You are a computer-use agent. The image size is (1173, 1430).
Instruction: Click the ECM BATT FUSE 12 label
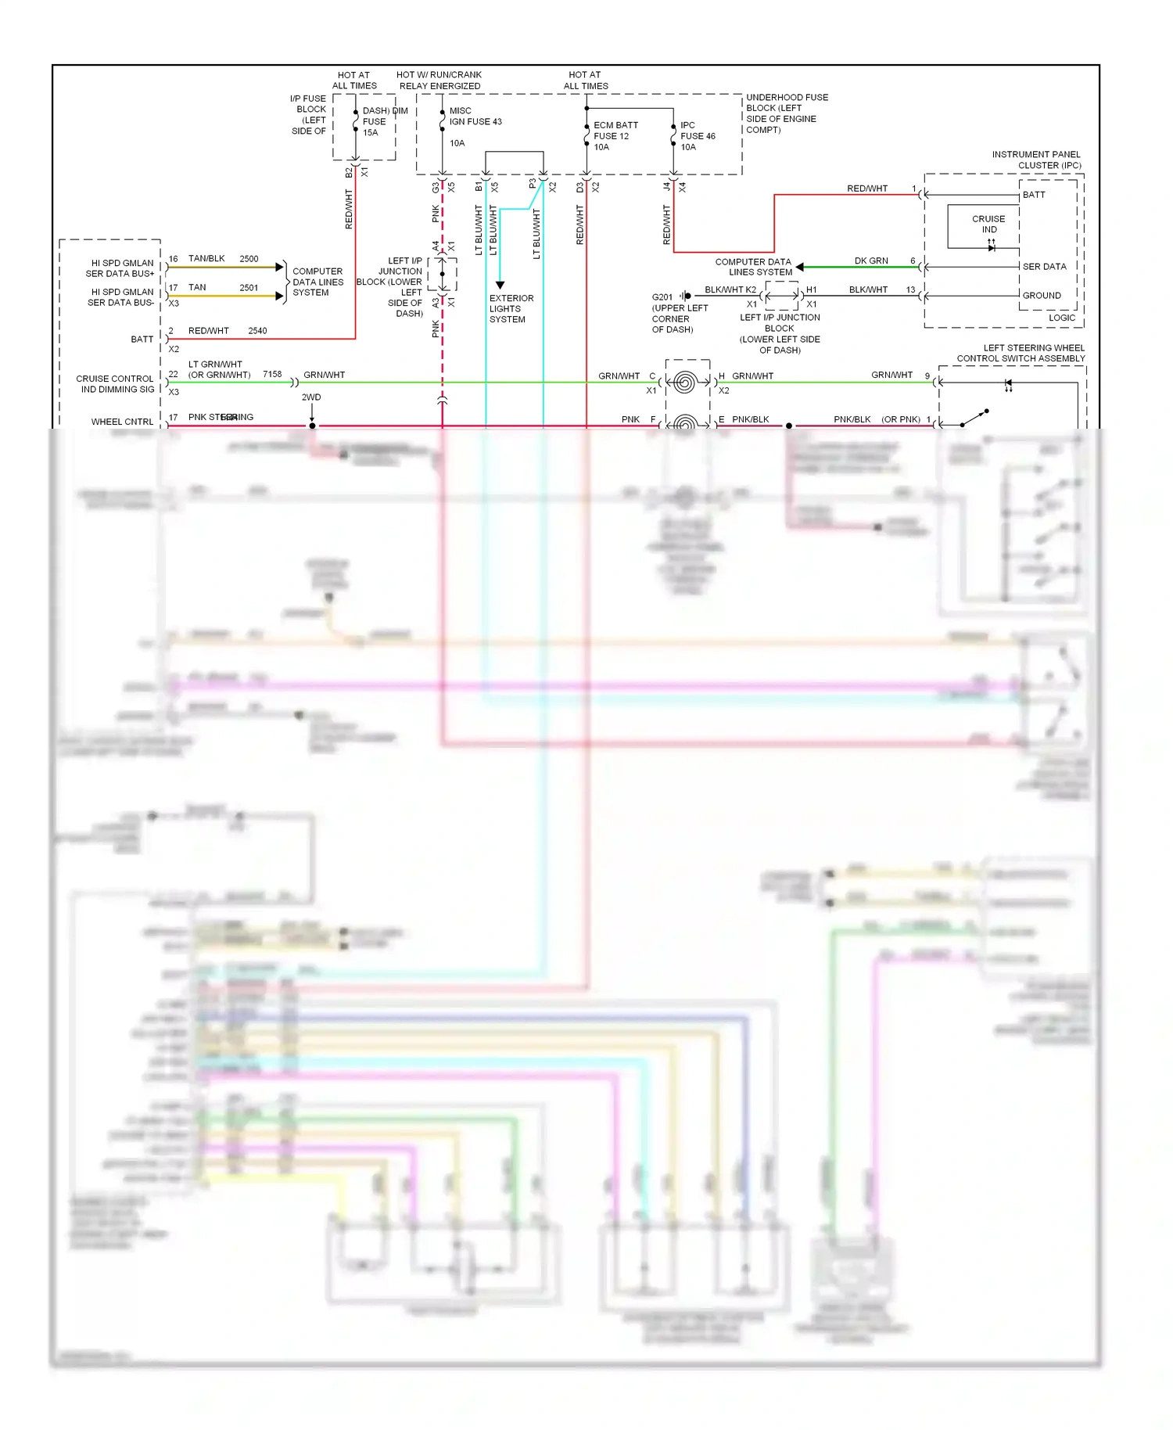click(x=615, y=136)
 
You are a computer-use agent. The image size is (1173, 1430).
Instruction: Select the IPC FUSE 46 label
click(x=697, y=136)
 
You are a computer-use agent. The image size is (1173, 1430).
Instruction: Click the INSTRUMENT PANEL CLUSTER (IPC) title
click(x=1036, y=160)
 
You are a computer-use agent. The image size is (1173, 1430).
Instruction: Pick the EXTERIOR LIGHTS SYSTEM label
click(x=511, y=309)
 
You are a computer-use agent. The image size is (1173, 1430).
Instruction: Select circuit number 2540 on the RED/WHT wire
click(x=257, y=331)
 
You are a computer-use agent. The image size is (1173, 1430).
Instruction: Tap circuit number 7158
click(x=272, y=375)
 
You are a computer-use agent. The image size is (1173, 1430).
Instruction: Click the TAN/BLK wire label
click(x=206, y=259)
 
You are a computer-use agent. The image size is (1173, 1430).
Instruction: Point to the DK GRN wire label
click(x=870, y=261)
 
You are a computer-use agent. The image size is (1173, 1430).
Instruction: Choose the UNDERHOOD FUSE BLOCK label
click(x=786, y=113)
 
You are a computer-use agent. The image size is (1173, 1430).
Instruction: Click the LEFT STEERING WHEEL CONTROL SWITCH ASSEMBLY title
click(x=1021, y=354)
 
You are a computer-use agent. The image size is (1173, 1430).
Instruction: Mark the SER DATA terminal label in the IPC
click(x=1044, y=267)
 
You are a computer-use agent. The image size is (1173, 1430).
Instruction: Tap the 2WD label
click(x=311, y=397)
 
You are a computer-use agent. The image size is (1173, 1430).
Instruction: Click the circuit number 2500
click(x=249, y=259)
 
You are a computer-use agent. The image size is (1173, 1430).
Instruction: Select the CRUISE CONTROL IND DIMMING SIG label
click(x=117, y=384)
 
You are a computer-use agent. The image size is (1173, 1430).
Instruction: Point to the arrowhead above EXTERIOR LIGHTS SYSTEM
click(x=500, y=286)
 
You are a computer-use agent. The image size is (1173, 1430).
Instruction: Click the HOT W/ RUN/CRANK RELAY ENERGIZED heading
click(x=439, y=81)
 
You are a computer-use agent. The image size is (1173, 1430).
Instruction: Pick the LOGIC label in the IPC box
click(x=1061, y=318)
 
